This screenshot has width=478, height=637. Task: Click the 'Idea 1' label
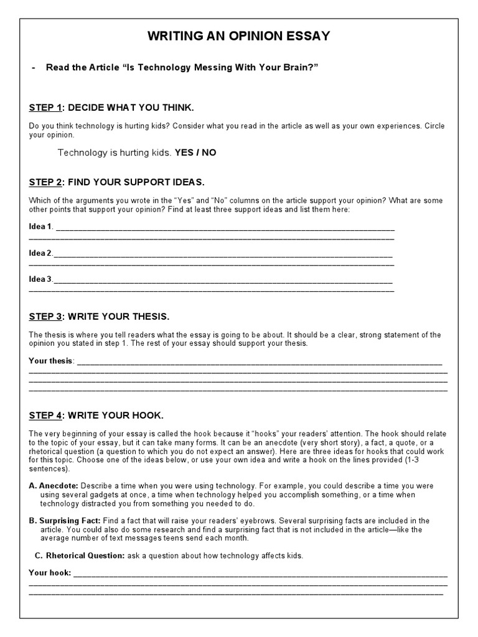click(x=41, y=226)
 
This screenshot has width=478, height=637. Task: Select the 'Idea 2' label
click(x=41, y=253)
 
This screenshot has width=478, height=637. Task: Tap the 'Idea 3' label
click(x=41, y=279)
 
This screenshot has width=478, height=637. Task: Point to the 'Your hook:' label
click(x=50, y=572)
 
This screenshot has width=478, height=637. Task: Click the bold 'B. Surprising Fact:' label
click(x=65, y=521)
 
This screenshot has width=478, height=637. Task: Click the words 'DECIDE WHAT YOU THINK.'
click(x=126, y=108)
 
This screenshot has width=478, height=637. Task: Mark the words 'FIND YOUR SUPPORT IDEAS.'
click(x=136, y=182)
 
